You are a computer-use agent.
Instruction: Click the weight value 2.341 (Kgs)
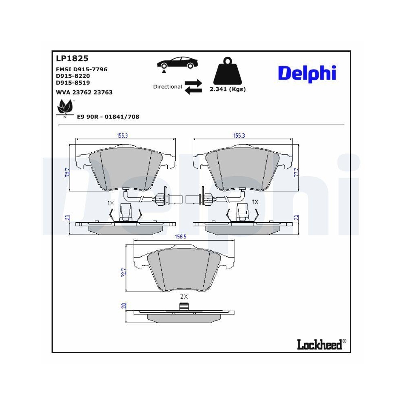click(x=228, y=90)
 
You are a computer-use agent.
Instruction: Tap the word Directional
click(x=167, y=87)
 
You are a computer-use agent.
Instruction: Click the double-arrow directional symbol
click(x=193, y=87)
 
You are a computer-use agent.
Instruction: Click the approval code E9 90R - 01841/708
click(x=108, y=117)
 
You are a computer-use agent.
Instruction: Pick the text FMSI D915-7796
click(x=81, y=69)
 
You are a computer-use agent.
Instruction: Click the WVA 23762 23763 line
click(x=84, y=92)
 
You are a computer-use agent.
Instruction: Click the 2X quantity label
click(x=184, y=296)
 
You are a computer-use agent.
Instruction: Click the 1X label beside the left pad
click(x=110, y=202)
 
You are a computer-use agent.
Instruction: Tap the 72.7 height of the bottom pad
click(x=124, y=272)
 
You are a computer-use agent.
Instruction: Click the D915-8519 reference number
click(x=73, y=82)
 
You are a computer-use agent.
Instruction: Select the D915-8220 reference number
click(x=73, y=76)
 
